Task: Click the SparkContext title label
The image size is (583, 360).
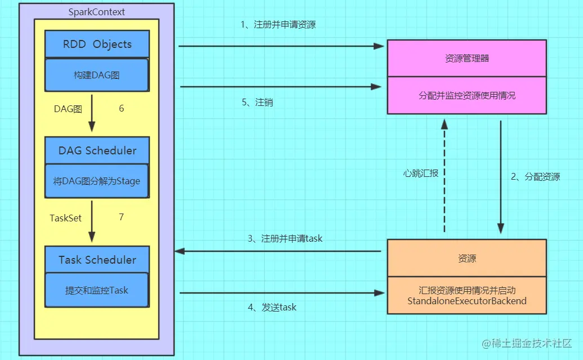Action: [96, 12]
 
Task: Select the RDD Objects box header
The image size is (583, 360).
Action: [97, 45]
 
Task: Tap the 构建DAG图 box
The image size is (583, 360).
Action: [96, 75]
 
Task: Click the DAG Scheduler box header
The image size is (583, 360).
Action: [97, 150]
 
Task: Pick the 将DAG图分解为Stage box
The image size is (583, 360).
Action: [97, 181]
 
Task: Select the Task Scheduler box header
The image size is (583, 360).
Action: [97, 260]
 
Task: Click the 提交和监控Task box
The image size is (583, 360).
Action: [97, 291]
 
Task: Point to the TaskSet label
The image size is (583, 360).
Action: [65, 218]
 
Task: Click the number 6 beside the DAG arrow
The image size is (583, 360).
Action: [121, 109]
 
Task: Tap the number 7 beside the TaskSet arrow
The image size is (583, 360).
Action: [121, 217]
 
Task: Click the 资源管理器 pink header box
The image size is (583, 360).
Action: [466, 58]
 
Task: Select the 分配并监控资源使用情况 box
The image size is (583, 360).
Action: [466, 95]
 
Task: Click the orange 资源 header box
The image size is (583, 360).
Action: [466, 258]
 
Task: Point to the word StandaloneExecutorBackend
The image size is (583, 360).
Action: [466, 301]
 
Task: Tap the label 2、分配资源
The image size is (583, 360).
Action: [535, 177]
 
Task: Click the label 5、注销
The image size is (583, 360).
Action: [257, 103]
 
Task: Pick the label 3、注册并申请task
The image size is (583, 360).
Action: [285, 238]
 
